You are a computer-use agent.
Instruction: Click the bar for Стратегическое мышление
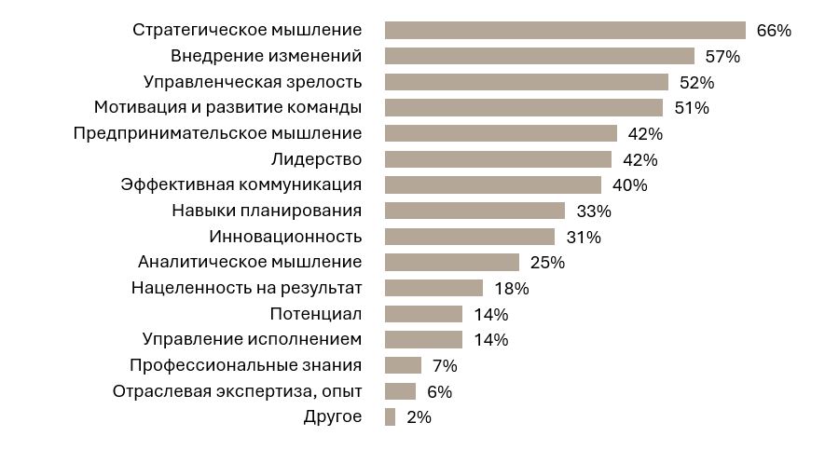click(x=565, y=30)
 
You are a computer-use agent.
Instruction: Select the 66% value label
click(x=773, y=30)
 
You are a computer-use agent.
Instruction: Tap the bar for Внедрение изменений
click(x=539, y=56)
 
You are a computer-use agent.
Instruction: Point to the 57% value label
click(x=722, y=56)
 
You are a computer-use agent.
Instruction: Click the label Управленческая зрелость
click(x=252, y=81)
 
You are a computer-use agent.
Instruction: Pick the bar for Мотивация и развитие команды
click(x=523, y=107)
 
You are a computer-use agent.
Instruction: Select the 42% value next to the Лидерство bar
click(x=639, y=159)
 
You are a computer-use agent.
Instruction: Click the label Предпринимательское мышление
click(x=217, y=133)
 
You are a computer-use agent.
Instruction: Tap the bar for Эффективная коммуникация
click(x=492, y=184)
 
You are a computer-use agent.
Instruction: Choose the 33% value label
click(x=593, y=211)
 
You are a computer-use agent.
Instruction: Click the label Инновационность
click(x=284, y=237)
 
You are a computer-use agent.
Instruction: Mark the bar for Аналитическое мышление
click(x=451, y=262)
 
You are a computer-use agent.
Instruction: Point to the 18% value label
click(x=511, y=288)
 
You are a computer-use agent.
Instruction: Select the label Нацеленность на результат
click(x=246, y=288)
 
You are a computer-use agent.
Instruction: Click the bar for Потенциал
click(x=423, y=314)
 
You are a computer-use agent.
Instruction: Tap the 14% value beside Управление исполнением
click(x=490, y=339)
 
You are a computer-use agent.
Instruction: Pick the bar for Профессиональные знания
click(x=403, y=365)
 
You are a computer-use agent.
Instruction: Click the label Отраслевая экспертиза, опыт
click(x=237, y=391)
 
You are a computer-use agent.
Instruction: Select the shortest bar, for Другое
click(x=390, y=416)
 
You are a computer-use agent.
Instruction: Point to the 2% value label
click(x=419, y=416)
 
